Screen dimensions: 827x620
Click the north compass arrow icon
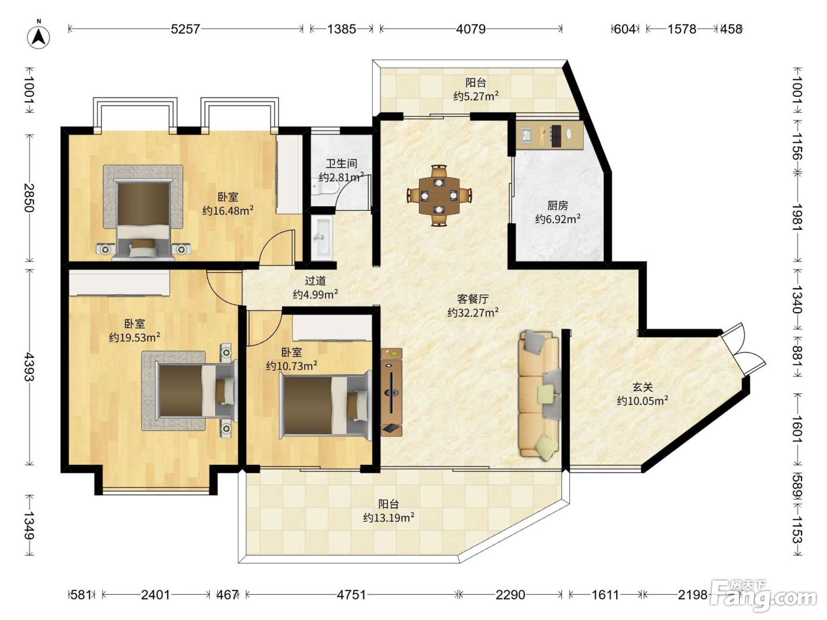tap(38, 37)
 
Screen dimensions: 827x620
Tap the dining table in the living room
tap(439, 196)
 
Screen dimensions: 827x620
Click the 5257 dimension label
tap(185, 29)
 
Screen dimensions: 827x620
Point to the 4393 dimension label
tap(30, 367)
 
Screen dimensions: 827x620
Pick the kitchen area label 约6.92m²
tap(558, 218)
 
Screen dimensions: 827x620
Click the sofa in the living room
tap(539, 395)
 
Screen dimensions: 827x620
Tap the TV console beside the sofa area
tap(392, 392)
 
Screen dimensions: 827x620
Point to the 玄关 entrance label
tap(642, 387)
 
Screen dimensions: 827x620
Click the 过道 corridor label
tap(315, 280)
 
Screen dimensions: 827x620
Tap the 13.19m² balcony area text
tap(389, 518)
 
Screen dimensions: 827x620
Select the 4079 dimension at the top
tap(471, 29)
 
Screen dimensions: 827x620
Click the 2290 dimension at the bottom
tap(510, 595)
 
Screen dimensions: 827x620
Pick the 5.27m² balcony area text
tap(476, 96)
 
